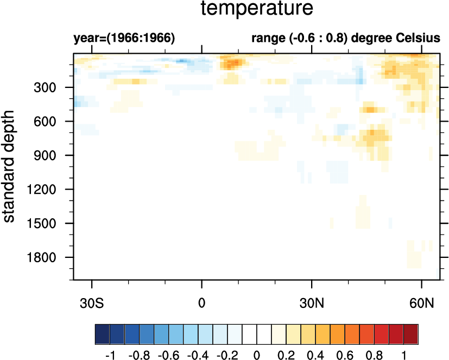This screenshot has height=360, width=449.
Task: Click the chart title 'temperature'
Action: coord(257,9)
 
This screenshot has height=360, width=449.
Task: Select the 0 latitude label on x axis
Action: coord(202,302)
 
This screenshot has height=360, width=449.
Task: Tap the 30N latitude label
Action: coord(312,302)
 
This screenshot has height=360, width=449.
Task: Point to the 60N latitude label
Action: coord(422,302)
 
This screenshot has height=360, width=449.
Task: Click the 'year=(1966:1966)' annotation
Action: coord(124,39)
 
